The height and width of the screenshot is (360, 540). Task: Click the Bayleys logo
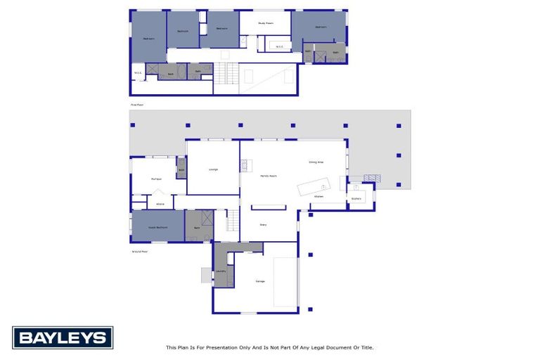pos(62,337)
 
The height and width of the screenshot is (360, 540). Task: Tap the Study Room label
pos(265,23)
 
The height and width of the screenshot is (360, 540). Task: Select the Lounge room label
pos(212,169)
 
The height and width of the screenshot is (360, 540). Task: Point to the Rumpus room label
pos(156,179)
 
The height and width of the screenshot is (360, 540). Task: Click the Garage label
pos(260,281)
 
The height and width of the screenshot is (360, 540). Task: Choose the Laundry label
pos(220,270)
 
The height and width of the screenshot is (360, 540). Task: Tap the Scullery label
pos(356,198)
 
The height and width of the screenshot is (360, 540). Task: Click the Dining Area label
pos(316,162)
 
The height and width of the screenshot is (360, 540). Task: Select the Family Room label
pos(266,175)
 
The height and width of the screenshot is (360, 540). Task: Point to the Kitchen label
pos(318,196)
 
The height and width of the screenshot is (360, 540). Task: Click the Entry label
pos(263,224)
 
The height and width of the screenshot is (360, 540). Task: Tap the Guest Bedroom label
pos(157,228)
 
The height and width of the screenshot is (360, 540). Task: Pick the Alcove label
pos(160,204)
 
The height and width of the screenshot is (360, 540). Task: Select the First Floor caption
pos(136,105)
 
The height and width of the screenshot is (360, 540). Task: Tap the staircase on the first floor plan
pos(223,72)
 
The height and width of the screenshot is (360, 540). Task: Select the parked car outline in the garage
pos(285,281)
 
